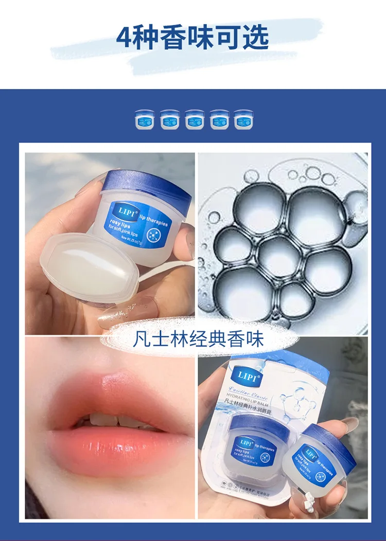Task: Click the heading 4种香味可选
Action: pos(192,37)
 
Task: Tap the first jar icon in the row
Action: pos(144,119)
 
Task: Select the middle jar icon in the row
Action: pos(194,119)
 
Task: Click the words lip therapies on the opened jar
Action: pos(153,219)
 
